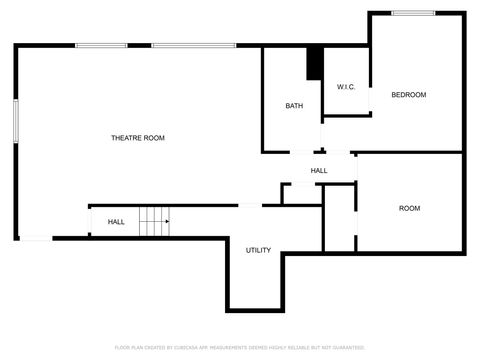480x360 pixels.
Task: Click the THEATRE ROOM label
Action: (x=138, y=137)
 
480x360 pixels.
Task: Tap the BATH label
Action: (x=294, y=106)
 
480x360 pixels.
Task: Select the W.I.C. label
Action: (x=346, y=87)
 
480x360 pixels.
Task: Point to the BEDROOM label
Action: (x=408, y=95)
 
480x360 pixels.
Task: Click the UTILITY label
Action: (x=258, y=250)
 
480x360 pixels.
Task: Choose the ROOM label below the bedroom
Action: (x=410, y=208)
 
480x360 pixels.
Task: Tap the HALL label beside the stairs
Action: (x=116, y=221)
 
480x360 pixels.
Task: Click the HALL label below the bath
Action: (x=319, y=171)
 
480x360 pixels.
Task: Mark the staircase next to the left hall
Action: (x=153, y=221)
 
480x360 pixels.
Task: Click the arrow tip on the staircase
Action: (x=168, y=221)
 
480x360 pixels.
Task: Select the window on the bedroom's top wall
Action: (x=412, y=13)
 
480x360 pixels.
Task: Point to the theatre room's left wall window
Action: (x=16, y=120)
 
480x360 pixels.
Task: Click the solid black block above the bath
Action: (x=314, y=63)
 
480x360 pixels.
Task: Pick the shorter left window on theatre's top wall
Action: (x=95, y=45)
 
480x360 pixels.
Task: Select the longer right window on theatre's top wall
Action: (x=193, y=45)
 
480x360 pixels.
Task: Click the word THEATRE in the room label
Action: (x=125, y=137)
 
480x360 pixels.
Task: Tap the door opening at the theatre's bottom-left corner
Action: (x=36, y=238)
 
